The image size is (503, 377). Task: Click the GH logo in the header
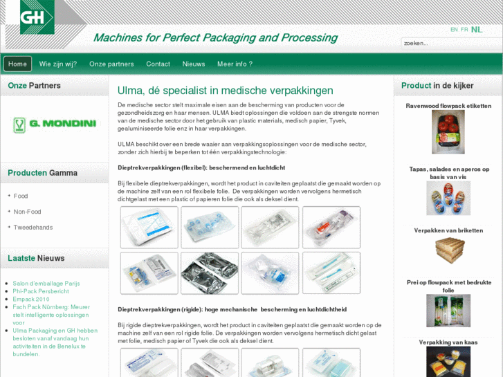click(x=37, y=17)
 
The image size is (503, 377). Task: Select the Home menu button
click(x=18, y=64)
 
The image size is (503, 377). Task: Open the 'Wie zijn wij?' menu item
click(x=58, y=64)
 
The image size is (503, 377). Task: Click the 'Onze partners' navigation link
click(x=111, y=64)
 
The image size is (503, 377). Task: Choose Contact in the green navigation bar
click(x=158, y=64)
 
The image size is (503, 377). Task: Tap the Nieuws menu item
click(x=194, y=64)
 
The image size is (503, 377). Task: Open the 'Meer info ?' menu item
click(x=235, y=64)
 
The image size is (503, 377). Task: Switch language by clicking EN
click(x=454, y=30)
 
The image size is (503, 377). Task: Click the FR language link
click(x=464, y=30)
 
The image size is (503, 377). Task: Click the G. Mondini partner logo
click(x=55, y=125)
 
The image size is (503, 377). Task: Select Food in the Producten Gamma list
click(x=21, y=196)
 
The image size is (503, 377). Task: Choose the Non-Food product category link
click(x=27, y=212)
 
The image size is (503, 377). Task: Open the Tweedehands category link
click(x=33, y=228)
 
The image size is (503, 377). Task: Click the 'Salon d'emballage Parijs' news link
click(x=46, y=284)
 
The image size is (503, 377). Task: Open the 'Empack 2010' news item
click(x=31, y=299)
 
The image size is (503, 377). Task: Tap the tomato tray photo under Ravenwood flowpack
click(x=448, y=132)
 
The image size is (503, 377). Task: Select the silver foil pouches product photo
click(x=210, y=273)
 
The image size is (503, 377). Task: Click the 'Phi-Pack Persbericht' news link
click(x=41, y=291)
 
